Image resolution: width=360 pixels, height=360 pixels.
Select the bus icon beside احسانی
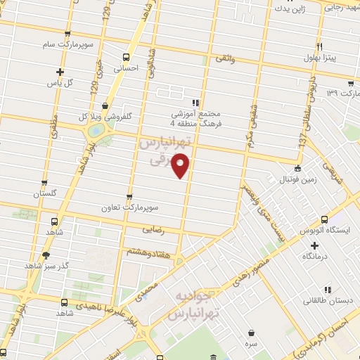126,58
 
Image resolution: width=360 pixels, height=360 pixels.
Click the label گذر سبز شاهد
45,266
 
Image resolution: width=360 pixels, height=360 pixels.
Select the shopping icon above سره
252,333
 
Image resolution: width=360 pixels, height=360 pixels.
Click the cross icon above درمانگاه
314,245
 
